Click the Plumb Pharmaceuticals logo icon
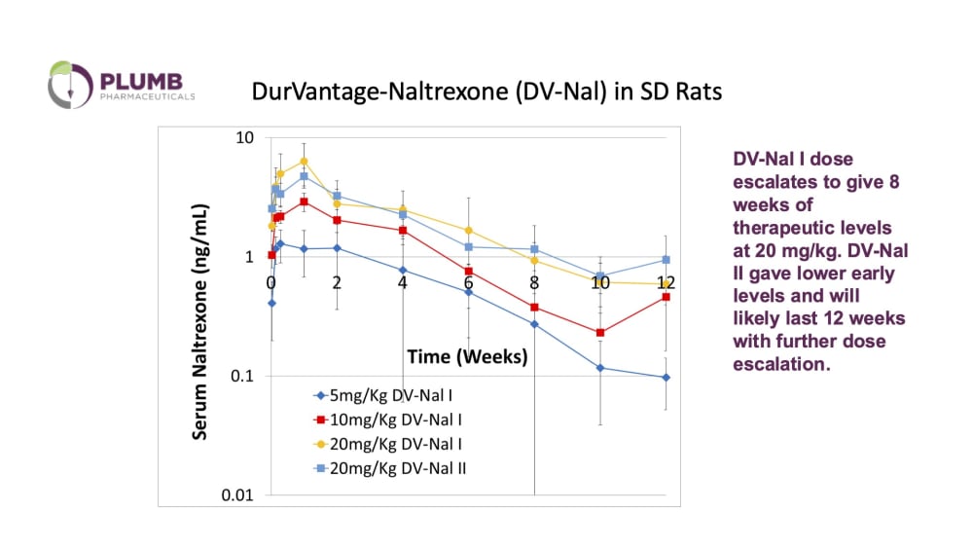[x=69, y=84]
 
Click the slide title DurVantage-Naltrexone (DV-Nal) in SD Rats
[x=486, y=92]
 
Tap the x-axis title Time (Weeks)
[x=466, y=357]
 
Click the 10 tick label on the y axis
[x=242, y=137]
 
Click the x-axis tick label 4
[x=403, y=282]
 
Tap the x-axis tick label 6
[x=468, y=282]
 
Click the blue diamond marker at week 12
[x=667, y=377]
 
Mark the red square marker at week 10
[x=600, y=333]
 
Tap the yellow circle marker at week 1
[x=304, y=161]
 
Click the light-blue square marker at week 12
[x=667, y=260]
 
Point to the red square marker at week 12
[x=667, y=297]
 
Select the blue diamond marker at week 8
[x=534, y=324]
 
